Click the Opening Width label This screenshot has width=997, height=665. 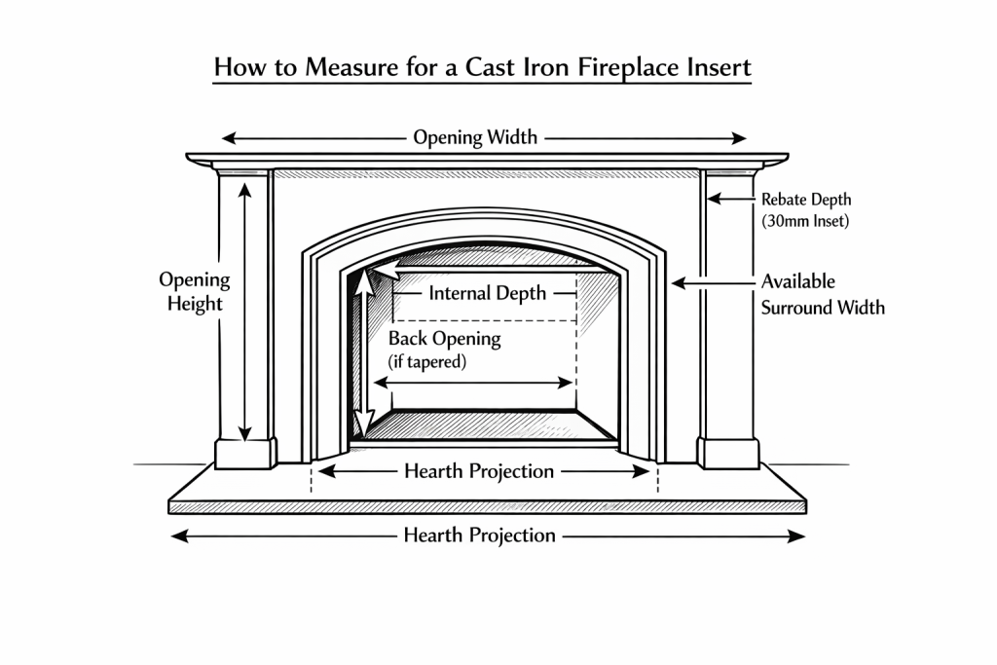(x=475, y=137)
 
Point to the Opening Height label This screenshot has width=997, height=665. (x=195, y=291)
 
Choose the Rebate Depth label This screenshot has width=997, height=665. (x=806, y=200)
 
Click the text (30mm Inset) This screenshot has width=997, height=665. (x=806, y=221)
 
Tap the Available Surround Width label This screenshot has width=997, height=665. (x=823, y=294)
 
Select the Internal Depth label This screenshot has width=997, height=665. (x=488, y=293)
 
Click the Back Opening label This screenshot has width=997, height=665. (x=444, y=339)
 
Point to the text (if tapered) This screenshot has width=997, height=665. (x=427, y=362)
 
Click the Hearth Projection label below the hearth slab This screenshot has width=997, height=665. (x=479, y=536)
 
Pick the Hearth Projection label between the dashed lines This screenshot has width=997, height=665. (x=479, y=471)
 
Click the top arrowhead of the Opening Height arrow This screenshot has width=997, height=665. (x=245, y=186)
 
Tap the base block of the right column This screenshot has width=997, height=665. (x=728, y=453)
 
